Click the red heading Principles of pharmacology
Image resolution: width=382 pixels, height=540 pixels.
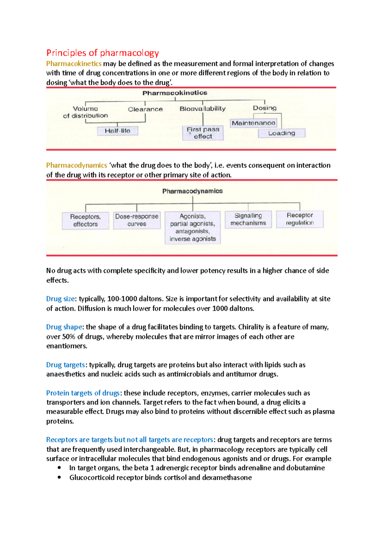pyautogui.click(x=103, y=53)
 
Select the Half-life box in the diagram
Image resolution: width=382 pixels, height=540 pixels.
pyautogui.click(x=117, y=131)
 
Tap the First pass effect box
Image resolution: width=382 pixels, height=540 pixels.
pyautogui.click(x=203, y=133)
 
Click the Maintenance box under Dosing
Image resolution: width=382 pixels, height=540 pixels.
pyautogui.click(x=253, y=123)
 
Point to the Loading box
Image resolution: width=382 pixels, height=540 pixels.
pyautogui.click(x=281, y=133)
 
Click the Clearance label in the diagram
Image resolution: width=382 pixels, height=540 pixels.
pyautogui.click(x=145, y=109)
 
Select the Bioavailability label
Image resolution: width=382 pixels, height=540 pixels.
pyautogui.click(x=202, y=109)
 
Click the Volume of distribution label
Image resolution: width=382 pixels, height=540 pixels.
pyautogui.click(x=85, y=112)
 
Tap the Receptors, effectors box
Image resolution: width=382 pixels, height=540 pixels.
pyautogui.click(x=85, y=220)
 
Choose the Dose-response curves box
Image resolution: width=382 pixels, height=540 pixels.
pyautogui.click(x=137, y=220)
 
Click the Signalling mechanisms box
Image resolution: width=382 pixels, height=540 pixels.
pyautogui.click(x=248, y=219)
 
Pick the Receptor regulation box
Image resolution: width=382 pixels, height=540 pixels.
pyautogui.click(x=300, y=219)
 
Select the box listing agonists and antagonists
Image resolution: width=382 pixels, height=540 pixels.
pyautogui.click(x=193, y=227)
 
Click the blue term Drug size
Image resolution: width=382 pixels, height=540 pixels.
pyautogui.click(x=60, y=299)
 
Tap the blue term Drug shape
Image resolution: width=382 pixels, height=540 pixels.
pyautogui.click(x=64, y=327)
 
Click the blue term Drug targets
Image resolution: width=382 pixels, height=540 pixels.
pyautogui.click(x=65, y=365)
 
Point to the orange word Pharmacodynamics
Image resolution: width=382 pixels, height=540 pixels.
pyautogui.click(x=76, y=165)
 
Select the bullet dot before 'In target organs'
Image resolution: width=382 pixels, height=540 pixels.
pyautogui.click(x=59, y=468)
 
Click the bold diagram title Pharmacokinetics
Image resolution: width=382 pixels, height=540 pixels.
pyautogui.click(x=175, y=93)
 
